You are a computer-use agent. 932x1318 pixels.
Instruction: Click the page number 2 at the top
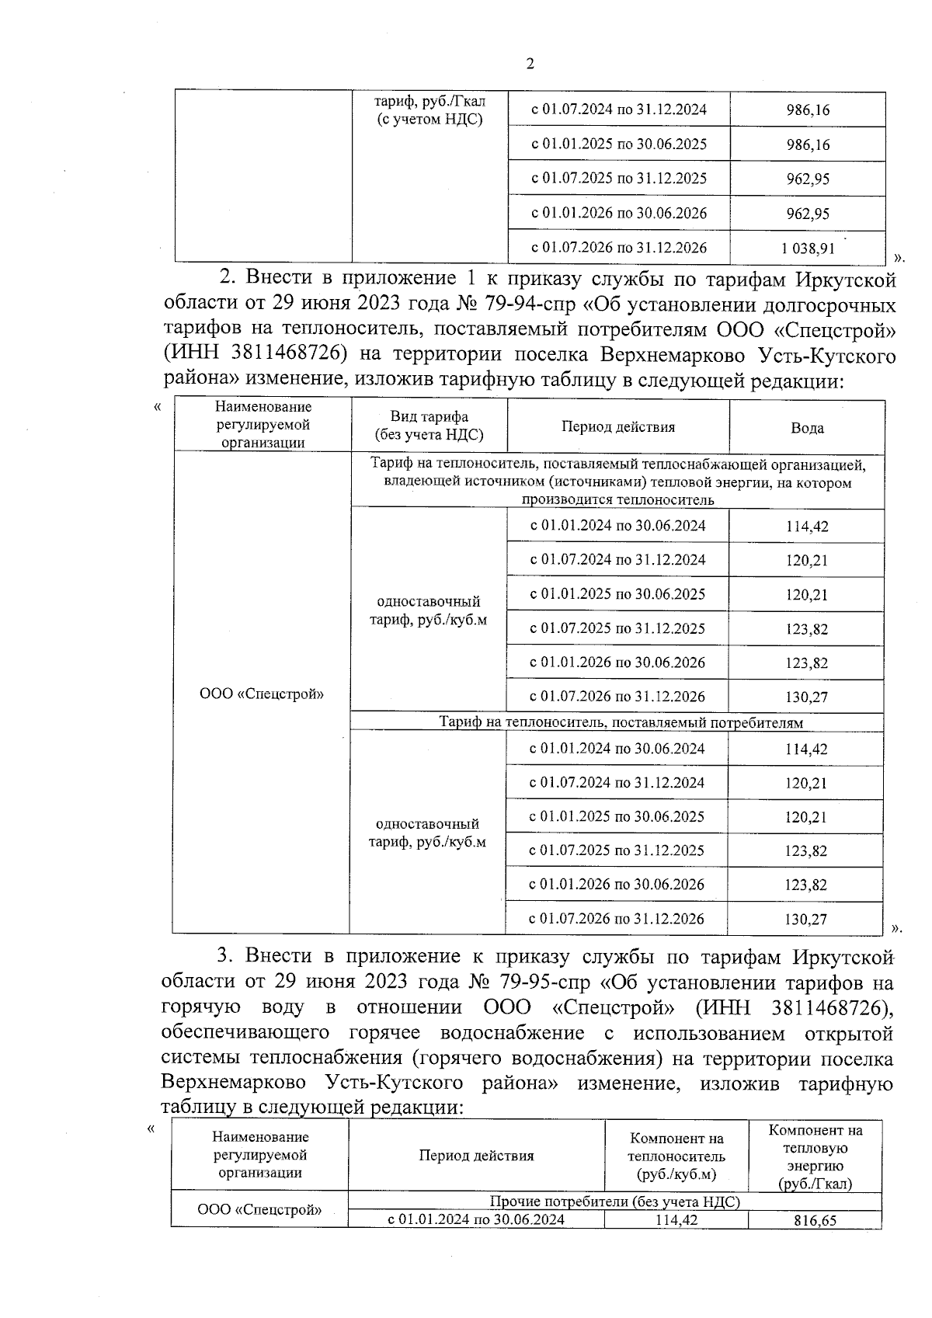coord(530,64)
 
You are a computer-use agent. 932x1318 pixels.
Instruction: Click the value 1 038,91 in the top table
coord(808,248)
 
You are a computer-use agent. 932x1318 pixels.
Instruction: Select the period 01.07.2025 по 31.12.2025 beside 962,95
coord(619,179)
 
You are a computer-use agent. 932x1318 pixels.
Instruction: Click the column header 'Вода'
coord(807,428)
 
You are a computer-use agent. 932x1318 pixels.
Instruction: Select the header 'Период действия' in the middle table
coord(618,427)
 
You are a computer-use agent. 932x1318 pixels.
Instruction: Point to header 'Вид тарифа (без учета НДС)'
coord(429,426)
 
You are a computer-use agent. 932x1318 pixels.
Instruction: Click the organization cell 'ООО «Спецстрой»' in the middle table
coord(262,694)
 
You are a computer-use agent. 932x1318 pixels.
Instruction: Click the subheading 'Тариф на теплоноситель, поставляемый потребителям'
coord(621,722)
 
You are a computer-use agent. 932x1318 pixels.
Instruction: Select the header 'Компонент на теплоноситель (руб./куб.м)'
coord(676,1156)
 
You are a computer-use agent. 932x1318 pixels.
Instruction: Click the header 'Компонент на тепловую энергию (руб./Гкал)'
coord(815,1156)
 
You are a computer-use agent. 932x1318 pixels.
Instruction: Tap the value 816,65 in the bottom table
coord(815,1220)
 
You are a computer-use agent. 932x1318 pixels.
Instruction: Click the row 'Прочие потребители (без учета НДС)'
coord(614,1202)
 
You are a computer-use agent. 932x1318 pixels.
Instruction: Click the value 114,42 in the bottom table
coord(676,1220)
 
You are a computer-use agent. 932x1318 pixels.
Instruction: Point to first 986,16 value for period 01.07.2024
coord(808,110)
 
